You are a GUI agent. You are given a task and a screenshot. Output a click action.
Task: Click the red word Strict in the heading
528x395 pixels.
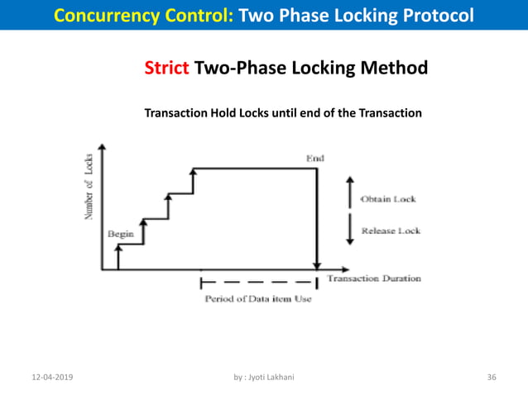[x=167, y=68]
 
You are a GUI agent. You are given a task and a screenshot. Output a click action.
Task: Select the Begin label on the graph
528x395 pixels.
[x=121, y=234]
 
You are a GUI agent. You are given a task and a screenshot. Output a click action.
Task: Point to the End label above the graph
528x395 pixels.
[x=315, y=158]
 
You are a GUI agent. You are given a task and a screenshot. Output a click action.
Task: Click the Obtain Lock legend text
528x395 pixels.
[x=388, y=200]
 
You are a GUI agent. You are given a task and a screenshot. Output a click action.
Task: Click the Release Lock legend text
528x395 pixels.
[x=391, y=231]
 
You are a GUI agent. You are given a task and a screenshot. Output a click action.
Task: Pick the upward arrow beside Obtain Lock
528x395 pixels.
[x=348, y=191]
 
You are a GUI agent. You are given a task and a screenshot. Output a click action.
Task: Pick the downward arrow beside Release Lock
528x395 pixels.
[x=348, y=226]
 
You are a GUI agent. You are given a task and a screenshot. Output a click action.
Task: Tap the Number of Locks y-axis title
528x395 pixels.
[x=88, y=188]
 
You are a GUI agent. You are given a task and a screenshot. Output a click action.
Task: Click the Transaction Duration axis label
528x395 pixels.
[x=374, y=278]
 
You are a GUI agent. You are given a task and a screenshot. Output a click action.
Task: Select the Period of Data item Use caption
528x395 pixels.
[x=258, y=299]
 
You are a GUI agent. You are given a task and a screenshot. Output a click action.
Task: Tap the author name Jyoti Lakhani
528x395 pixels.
[x=270, y=377]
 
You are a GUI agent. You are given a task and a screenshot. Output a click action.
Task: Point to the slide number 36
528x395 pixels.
[x=492, y=377]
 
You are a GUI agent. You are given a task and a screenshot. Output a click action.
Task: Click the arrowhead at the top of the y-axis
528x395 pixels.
[x=102, y=148]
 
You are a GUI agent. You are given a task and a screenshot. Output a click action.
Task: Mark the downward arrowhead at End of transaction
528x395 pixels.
[x=317, y=265]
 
